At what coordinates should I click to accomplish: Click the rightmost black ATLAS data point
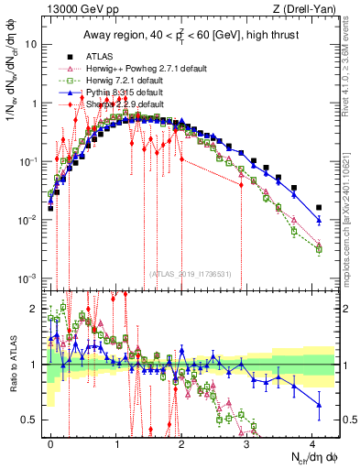(x=319, y=208)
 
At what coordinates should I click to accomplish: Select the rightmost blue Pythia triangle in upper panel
(x=319, y=221)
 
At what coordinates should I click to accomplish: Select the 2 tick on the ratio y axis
(x=38, y=309)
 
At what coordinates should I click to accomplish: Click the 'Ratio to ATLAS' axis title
(x=12, y=366)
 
